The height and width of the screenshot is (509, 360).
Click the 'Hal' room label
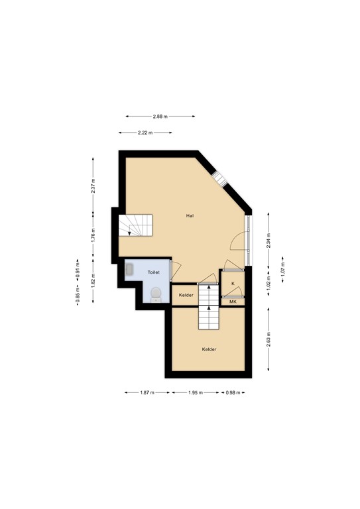pos(190,215)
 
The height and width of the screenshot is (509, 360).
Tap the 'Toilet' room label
pos(153,272)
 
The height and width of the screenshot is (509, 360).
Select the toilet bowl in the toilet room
pos(156,294)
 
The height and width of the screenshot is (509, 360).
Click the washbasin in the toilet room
pos(130,270)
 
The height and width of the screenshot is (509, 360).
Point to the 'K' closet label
pos(233,284)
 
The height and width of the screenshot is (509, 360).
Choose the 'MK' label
pos(233,302)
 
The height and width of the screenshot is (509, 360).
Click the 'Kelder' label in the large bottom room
pos(210,349)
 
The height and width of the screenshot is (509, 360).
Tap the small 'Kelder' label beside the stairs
pos(186,295)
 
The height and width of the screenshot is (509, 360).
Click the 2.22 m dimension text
pos(146,133)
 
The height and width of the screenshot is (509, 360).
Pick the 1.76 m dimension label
pos(93,233)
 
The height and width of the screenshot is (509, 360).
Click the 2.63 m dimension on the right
pos(268,339)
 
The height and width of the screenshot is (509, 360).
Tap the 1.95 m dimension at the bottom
pos(195,393)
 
